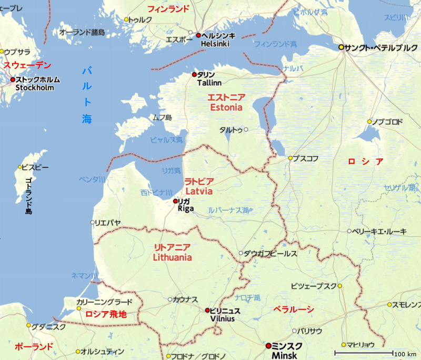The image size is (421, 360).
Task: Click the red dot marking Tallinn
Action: tap(194, 75)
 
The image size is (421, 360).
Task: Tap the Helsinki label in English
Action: tap(215, 44)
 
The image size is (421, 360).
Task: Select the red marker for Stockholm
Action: tap(13, 80)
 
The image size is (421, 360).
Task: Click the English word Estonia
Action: tap(226, 107)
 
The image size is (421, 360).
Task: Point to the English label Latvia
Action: tap(198, 191)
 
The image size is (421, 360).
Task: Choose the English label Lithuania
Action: tap(172, 258)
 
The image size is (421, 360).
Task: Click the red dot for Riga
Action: tap(175, 201)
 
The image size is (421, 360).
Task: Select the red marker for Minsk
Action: tap(269, 346)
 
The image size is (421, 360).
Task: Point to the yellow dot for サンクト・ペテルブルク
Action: tap(342, 47)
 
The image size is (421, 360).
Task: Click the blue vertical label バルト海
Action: tap(87, 95)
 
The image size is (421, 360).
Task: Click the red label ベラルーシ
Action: tap(294, 309)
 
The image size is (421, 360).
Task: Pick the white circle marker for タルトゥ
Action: tap(246, 129)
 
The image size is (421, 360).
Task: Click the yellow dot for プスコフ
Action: tap(290, 158)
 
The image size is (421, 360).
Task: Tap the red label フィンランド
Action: tap(168, 9)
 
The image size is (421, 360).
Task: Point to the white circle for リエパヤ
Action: tap(93, 223)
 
